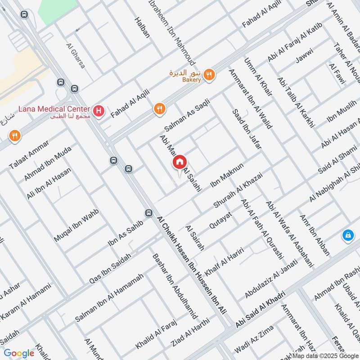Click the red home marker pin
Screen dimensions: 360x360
pyautogui.click(x=179, y=162)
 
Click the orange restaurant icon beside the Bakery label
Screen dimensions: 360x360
pyautogui.click(x=208, y=75)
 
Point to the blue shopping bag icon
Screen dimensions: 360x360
pyautogui.click(x=347, y=234)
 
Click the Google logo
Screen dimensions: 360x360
pyautogui.click(x=19, y=353)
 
